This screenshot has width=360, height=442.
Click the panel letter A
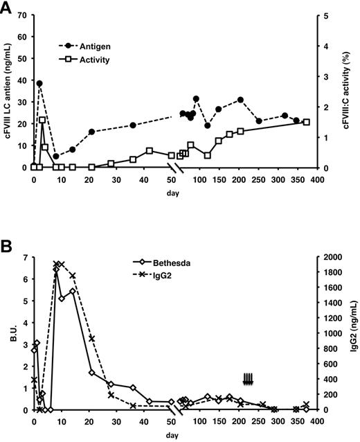[x=9, y=8]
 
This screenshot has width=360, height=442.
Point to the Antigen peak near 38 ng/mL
[x=39, y=83]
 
